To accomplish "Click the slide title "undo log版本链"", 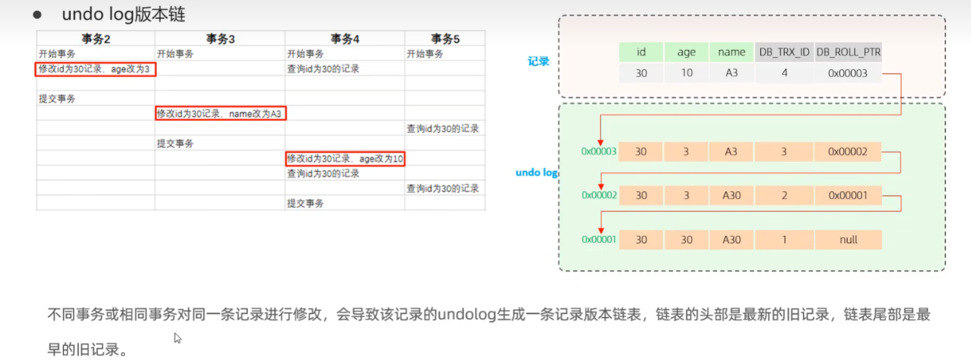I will pos(123,15).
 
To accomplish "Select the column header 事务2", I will pos(95,39).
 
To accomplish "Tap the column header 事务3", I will pos(220,39).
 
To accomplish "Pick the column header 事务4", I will pos(345,39).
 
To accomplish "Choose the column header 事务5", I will pos(445,39).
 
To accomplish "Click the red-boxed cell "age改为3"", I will pos(95,69).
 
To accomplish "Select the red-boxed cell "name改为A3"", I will pos(220,113).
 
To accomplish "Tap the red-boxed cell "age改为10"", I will pos(345,159).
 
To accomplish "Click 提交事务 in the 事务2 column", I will pos(57,99).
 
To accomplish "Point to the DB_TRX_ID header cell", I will pos(784,52).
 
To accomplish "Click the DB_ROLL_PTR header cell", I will pos(848,52).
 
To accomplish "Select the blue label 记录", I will pos(539,61).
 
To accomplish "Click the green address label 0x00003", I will pos(599,152).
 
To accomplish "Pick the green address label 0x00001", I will pos(599,240).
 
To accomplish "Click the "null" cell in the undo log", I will pos(848,240).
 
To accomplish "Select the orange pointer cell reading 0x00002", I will pos(848,152).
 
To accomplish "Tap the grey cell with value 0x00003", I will pos(848,73).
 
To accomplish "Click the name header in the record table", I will pos(732,52).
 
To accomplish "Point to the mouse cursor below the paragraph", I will pos(178,338).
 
